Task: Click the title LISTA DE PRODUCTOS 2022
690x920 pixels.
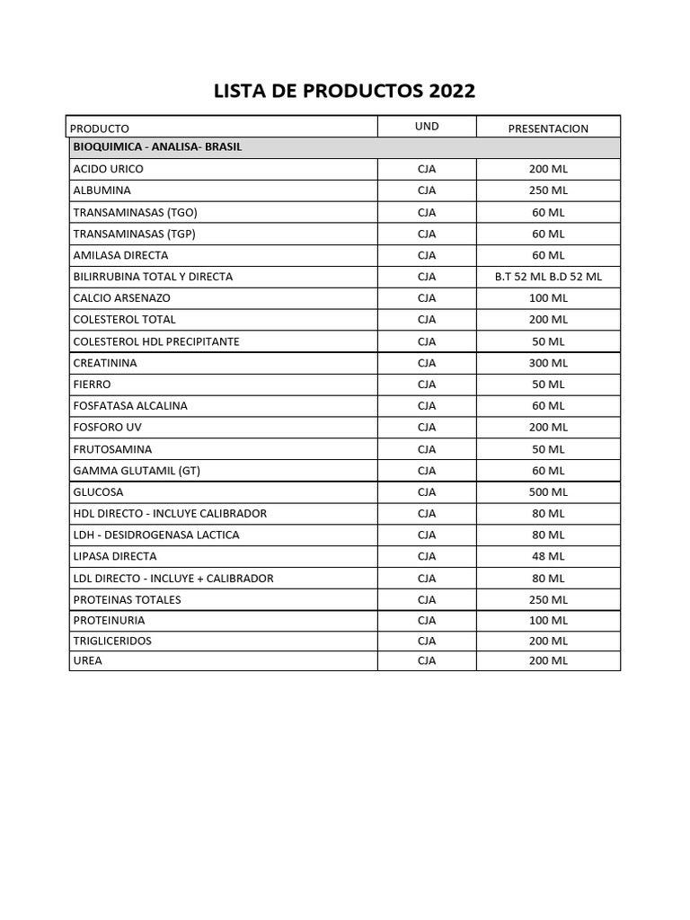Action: [x=344, y=91]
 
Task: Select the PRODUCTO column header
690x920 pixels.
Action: [x=100, y=128]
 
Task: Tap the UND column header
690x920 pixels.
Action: [x=427, y=127]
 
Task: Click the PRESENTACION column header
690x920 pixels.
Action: [x=548, y=128]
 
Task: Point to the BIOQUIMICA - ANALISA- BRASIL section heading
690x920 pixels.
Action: [x=157, y=146]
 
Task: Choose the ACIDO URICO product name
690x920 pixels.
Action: [x=108, y=169]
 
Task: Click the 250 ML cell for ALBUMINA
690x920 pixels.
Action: [x=548, y=190]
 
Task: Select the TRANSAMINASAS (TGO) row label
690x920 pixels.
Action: [x=135, y=212]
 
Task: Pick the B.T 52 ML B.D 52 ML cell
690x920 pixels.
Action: [x=548, y=277]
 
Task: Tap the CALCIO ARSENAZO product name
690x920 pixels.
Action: [x=121, y=297]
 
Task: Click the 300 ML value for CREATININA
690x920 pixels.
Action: [x=548, y=363]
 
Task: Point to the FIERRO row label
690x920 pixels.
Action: [x=92, y=384]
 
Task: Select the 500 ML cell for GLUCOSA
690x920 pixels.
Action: [x=548, y=492]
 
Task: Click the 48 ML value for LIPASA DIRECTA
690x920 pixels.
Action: [x=548, y=556]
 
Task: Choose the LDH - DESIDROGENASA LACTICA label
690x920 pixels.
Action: [x=156, y=535]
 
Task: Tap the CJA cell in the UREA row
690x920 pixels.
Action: [x=427, y=660]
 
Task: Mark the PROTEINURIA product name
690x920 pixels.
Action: [x=109, y=620]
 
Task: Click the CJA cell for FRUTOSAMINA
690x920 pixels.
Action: [x=427, y=449]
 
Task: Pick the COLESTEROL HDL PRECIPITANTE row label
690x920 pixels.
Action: [x=156, y=341]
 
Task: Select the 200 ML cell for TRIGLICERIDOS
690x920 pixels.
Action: [x=548, y=641]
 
